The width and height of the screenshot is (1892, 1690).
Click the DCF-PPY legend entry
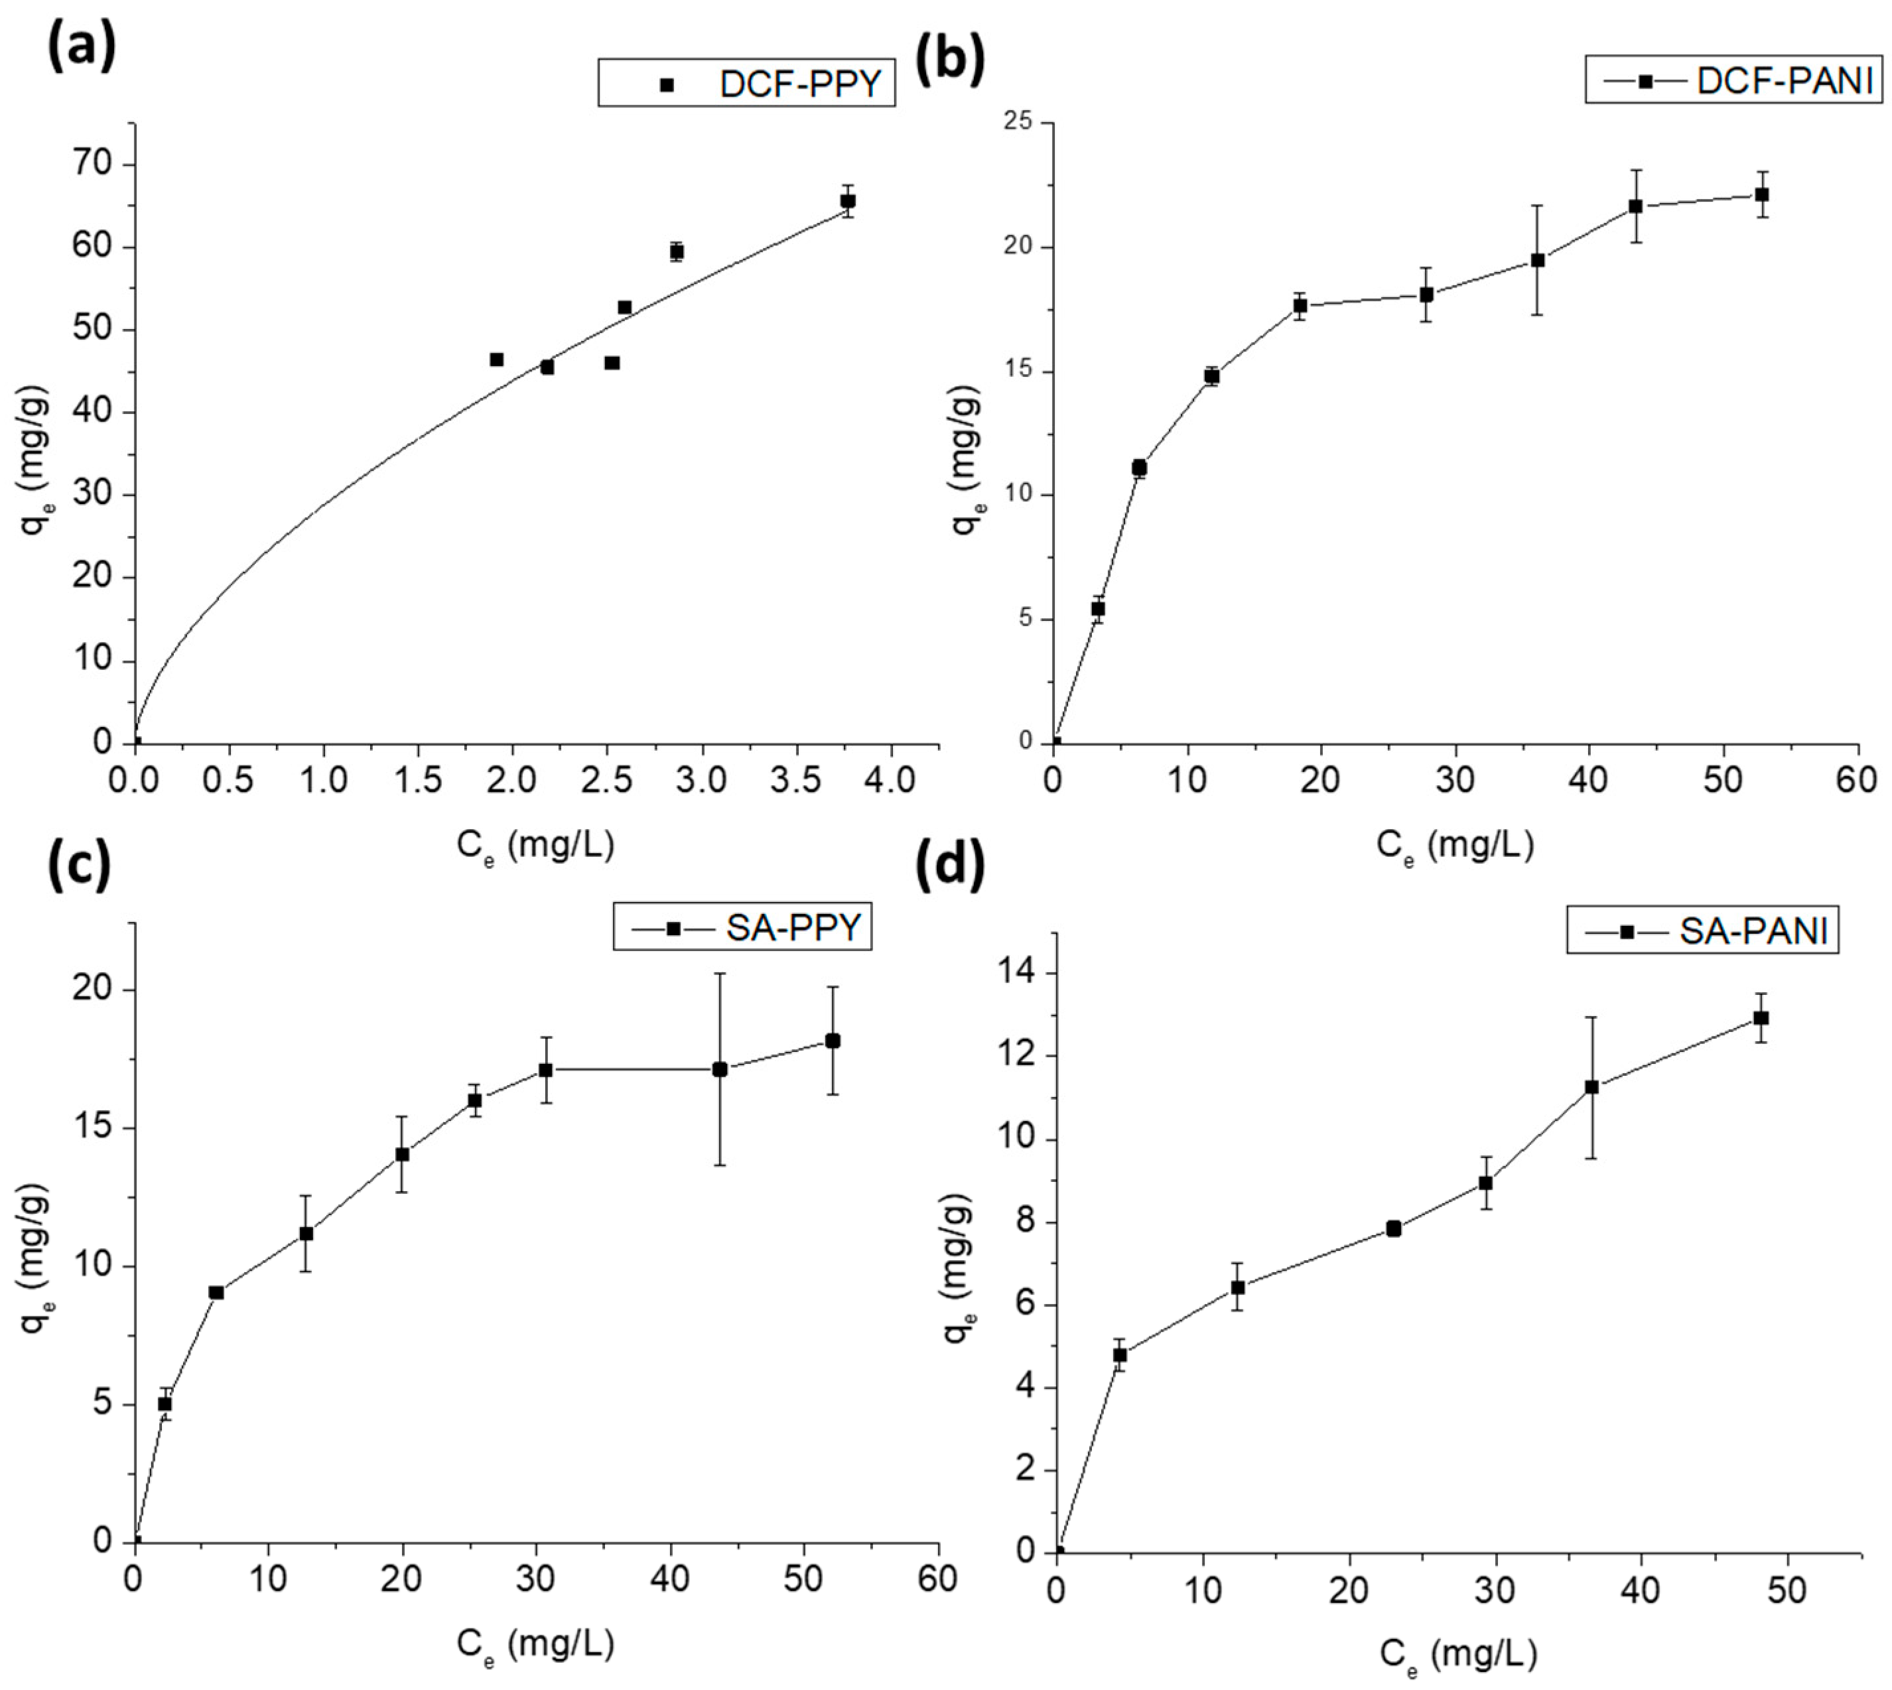pos(747,84)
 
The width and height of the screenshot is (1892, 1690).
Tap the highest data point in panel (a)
pos(847,200)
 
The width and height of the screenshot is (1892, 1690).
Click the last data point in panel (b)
pos(1761,194)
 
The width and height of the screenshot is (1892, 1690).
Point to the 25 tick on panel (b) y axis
pos(1020,123)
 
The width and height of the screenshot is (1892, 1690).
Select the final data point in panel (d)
pos(1760,1017)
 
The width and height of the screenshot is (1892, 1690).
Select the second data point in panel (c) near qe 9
pos(216,1291)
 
